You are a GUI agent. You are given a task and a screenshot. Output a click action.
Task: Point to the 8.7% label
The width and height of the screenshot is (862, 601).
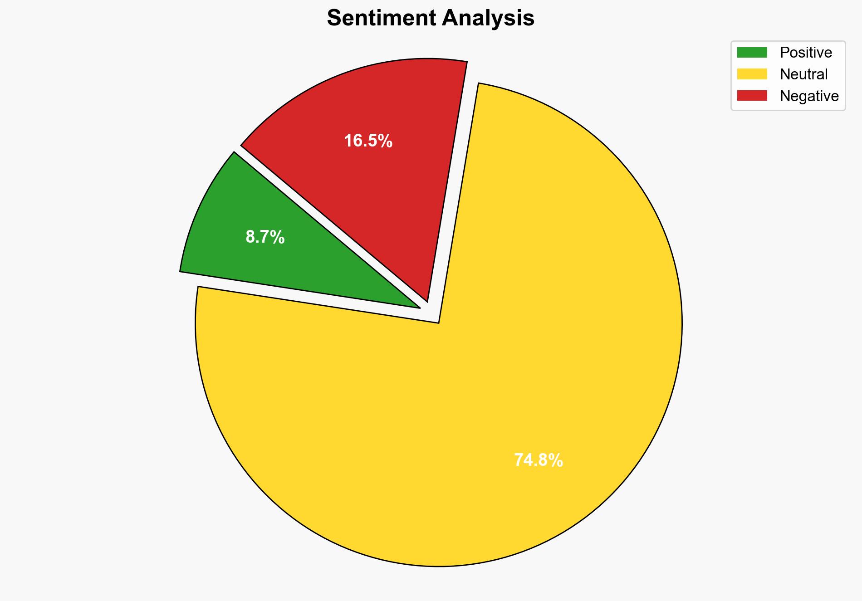[265, 237]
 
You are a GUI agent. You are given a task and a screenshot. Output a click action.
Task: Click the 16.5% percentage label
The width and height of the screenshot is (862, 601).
[368, 141]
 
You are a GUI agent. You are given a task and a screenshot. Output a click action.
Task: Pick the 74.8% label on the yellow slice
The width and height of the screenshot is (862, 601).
[539, 460]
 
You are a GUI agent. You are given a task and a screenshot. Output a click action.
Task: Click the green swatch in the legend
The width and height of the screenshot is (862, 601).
[752, 53]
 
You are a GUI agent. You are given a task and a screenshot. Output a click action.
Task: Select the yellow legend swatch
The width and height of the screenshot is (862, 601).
[752, 74]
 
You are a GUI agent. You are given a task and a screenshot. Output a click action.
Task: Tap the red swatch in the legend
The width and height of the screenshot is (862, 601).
[752, 96]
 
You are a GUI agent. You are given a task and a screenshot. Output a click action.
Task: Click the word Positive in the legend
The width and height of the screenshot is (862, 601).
[806, 53]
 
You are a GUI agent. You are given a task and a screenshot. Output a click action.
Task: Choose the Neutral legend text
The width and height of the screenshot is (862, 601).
[803, 74]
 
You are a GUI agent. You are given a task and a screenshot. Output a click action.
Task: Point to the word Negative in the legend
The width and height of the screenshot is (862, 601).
[809, 96]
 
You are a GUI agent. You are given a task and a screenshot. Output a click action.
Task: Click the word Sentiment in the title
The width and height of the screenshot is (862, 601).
[381, 19]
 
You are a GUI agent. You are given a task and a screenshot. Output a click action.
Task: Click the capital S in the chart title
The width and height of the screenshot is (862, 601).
[333, 19]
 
